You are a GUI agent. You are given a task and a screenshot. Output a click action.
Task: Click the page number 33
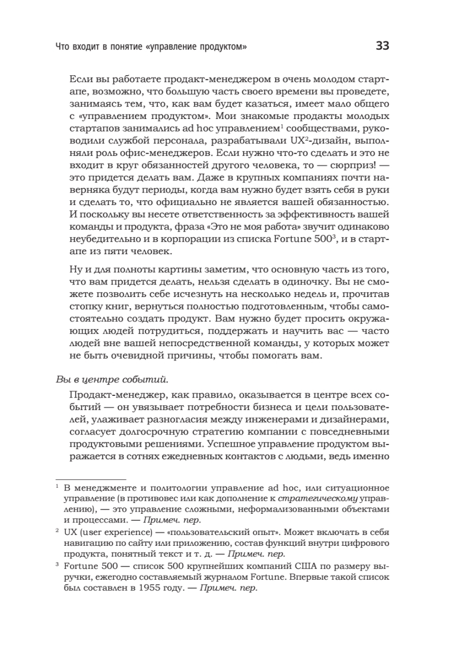(x=382, y=46)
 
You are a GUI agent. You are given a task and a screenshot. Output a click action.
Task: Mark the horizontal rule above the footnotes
(x=91, y=479)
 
